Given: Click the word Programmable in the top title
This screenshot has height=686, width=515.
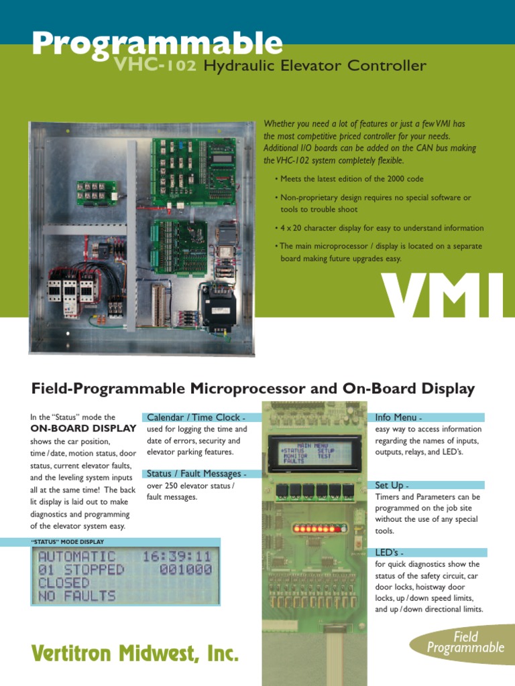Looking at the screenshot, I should click(x=157, y=44).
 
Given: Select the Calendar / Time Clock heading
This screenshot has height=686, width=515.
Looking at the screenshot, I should click(x=191, y=417).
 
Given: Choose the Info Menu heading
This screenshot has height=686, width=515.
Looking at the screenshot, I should click(x=398, y=417).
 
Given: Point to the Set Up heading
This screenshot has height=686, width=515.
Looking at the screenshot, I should click(x=392, y=485).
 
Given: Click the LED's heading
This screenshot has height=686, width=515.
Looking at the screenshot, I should click(x=390, y=553).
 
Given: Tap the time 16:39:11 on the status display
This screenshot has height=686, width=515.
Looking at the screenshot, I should click(x=176, y=557).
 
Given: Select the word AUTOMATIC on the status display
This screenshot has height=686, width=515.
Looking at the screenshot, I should click(x=77, y=557).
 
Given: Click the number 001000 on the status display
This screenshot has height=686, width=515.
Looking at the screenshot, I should click(x=185, y=569).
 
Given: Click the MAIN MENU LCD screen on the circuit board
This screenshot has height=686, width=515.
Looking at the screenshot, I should click(x=314, y=452).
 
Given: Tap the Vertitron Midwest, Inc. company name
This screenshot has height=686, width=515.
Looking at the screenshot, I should click(x=135, y=653).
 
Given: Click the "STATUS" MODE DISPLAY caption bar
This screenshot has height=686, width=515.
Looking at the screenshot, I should click(x=68, y=541).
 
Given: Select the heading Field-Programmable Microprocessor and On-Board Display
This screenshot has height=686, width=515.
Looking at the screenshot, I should click(x=253, y=389).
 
